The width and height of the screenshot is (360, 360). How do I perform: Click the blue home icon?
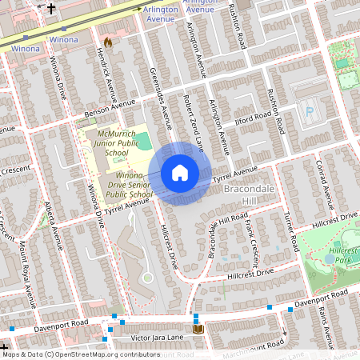click(180, 173)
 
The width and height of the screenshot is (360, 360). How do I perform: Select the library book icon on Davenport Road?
click(198, 328)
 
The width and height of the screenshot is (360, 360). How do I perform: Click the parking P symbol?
click(310, 112)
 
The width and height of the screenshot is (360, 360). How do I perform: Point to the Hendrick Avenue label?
click(104, 74)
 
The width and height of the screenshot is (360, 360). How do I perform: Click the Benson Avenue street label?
click(112, 105)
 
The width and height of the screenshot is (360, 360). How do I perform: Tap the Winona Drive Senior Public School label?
click(129, 185)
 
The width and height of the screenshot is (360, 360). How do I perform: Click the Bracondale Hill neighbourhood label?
click(250, 194)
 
